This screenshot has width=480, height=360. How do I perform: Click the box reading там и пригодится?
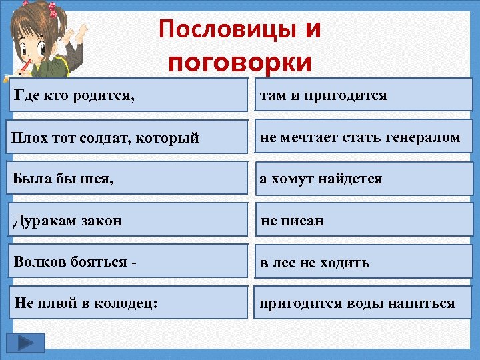point(363,95)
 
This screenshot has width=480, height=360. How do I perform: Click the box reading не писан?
point(363,220)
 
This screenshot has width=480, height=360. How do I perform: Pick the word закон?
point(99,220)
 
